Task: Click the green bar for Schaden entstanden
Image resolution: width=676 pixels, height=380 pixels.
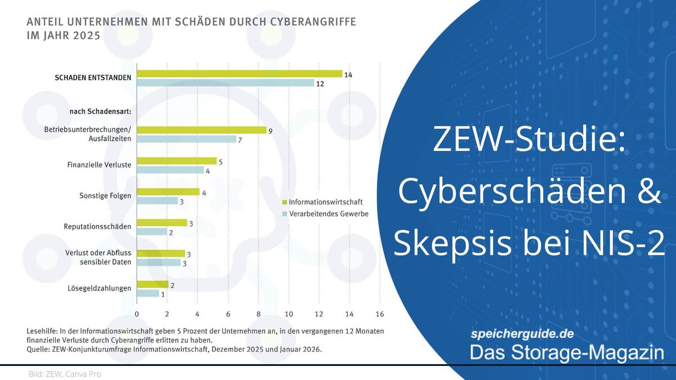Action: [x=239, y=74]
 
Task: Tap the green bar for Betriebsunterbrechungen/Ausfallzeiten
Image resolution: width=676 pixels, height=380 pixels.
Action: [x=201, y=130]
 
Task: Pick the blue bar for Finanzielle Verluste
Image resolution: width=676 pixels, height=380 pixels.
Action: [x=170, y=171]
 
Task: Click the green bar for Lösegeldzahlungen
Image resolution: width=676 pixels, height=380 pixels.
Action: [x=152, y=284]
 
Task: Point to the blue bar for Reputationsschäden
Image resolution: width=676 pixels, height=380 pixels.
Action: [x=152, y=232]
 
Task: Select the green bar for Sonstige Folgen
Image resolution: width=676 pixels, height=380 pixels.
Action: [x=168, y=192]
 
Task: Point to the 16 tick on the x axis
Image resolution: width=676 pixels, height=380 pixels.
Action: [x=379, y=314]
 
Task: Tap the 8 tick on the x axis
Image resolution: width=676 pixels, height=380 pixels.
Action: [x=259, y=314]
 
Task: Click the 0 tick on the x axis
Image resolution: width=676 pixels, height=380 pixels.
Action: [x=137, y=314]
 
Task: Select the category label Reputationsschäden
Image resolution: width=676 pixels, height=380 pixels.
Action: [x=97, y=227]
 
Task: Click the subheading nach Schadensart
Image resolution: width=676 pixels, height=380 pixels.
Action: [x=100, y=111]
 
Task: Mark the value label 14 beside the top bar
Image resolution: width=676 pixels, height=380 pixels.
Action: [x=348, y=73]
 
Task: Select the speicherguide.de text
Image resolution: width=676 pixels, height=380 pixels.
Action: [x=522, y=334]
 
